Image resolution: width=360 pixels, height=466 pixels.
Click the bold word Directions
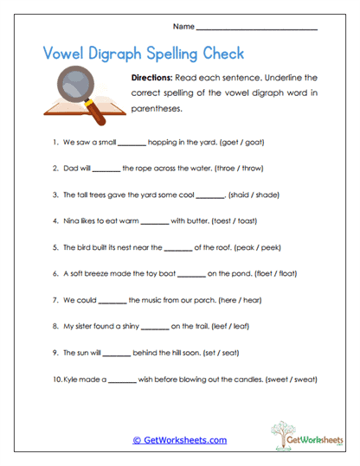(x=155, y=78)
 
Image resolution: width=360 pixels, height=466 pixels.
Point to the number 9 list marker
(x=55, y=353)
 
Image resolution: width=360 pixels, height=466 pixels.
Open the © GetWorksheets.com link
(x=180, y=439)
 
